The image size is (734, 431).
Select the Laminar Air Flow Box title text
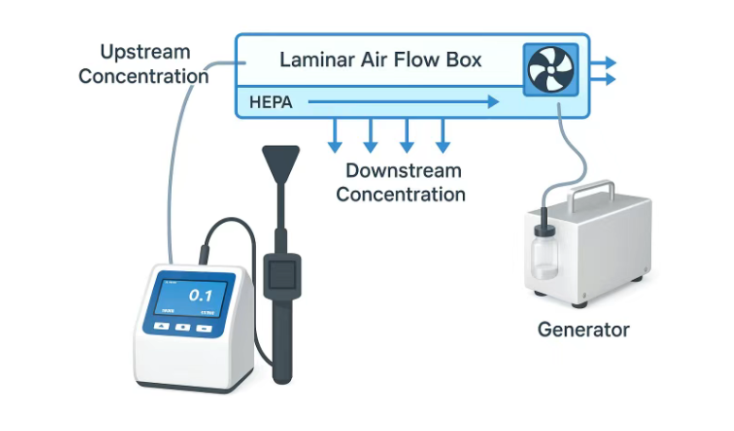pyautogui.click(x=381, y=60)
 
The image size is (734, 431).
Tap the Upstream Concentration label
pyautogui.click(x=145, y=64)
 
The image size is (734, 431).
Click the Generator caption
pyautogui.click(x=584, y=330)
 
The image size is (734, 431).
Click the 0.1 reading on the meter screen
pyautogui.click(x=200, y=295)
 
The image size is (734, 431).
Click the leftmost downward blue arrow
pyautogui.click(x=333, y=135)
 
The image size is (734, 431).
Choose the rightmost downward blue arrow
pyautogui.click(x=441, y=135)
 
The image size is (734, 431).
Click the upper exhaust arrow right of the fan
pyautogui.click(x=604, y=62)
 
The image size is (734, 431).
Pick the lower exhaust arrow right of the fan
pyautogui.click(x=604, y=79)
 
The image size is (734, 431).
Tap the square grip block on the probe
pyautogui.click(x=282, y=274)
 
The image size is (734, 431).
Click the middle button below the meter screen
pyautogui.click(x=182, y=327)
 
